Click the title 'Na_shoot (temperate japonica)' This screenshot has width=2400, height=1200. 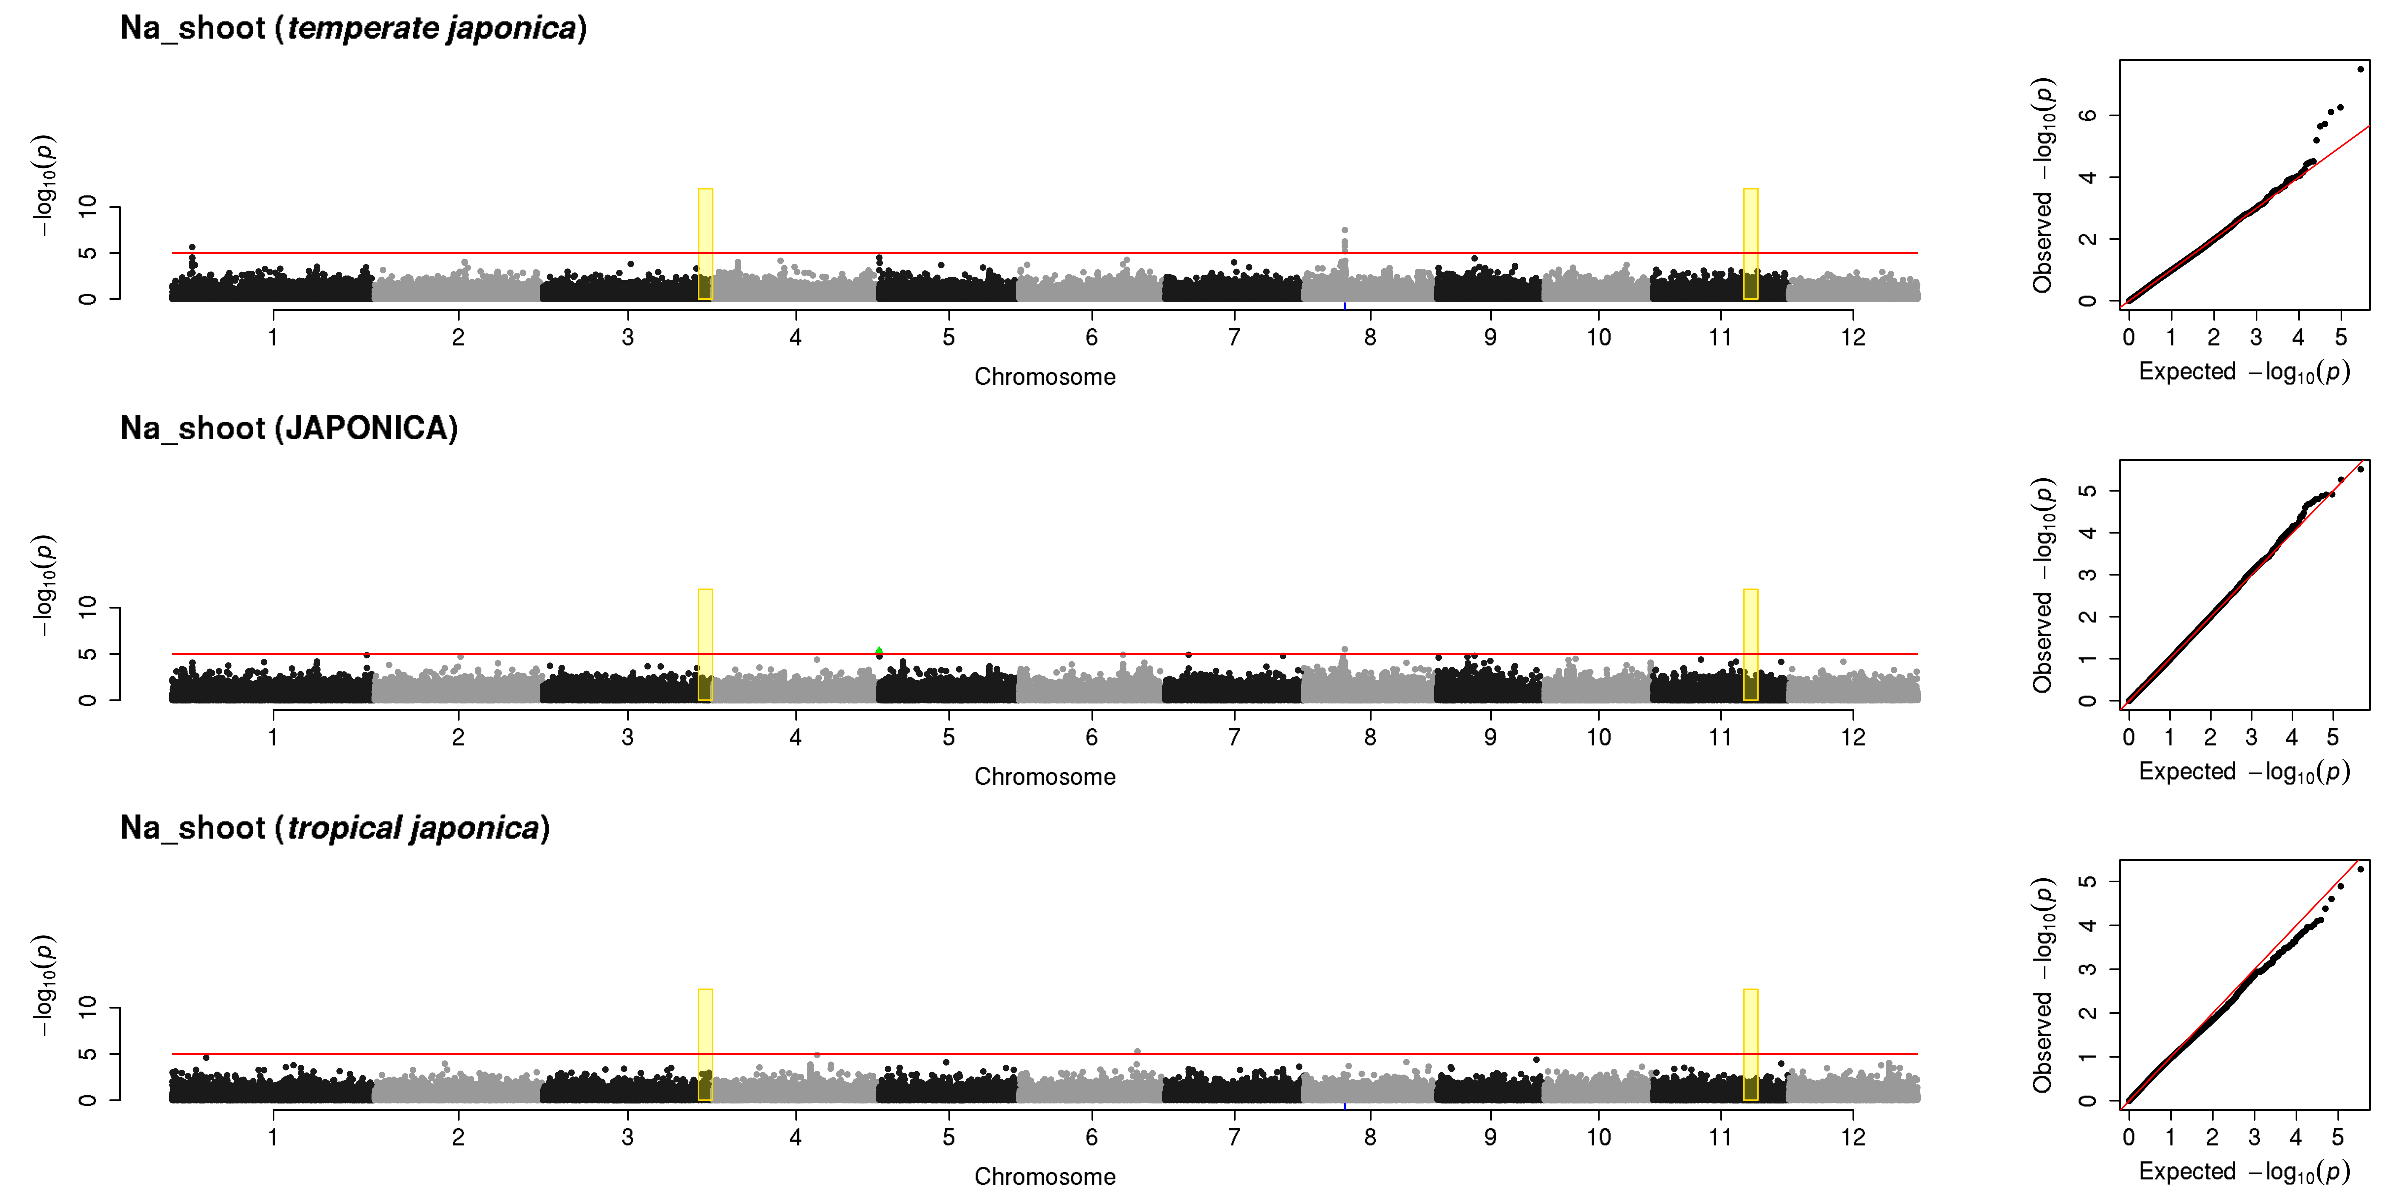point(353,28)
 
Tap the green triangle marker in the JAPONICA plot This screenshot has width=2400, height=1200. point(878,650)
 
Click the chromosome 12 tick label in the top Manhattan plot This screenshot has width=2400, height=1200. point(1852,337)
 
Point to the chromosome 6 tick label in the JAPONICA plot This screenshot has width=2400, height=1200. point(1091,737)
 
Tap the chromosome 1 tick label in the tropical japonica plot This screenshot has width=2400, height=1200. point(273,1137)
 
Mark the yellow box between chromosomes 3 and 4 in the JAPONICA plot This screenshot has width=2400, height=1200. point(705,645)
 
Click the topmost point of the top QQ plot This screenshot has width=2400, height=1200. point(2360,69)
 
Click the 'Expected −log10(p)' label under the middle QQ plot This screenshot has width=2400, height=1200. point(2243,771)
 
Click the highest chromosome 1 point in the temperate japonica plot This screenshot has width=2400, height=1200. point(192,247)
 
